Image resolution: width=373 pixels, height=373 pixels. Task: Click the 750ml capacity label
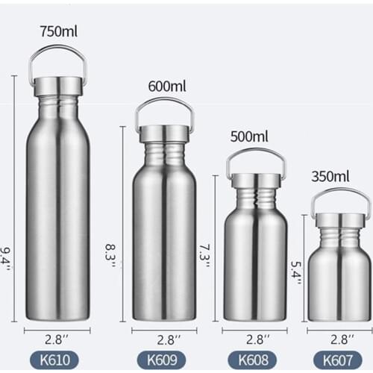point(57,31)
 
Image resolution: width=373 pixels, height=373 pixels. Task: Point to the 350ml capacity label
point(330,177)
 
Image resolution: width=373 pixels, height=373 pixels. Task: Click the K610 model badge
point(57,360)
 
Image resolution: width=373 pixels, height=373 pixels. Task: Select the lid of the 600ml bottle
point(164,134)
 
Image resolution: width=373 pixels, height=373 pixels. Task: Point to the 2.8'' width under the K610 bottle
point(57,336)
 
